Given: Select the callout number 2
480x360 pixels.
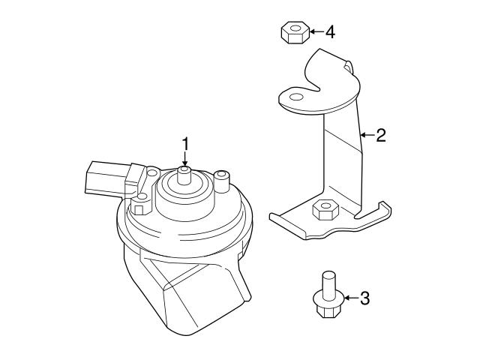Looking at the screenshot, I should coord(380,135).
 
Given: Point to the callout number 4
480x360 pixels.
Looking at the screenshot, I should coord(330,31).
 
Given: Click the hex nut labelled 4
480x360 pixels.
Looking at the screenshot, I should coord(292,33).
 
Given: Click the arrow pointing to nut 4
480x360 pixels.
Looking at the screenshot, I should coord(314,31).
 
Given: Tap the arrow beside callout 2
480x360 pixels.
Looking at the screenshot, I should coord(365,136).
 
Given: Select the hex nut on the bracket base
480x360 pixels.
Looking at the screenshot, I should coord(322,209).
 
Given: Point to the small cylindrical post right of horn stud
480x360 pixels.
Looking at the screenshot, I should coord(221,180).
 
